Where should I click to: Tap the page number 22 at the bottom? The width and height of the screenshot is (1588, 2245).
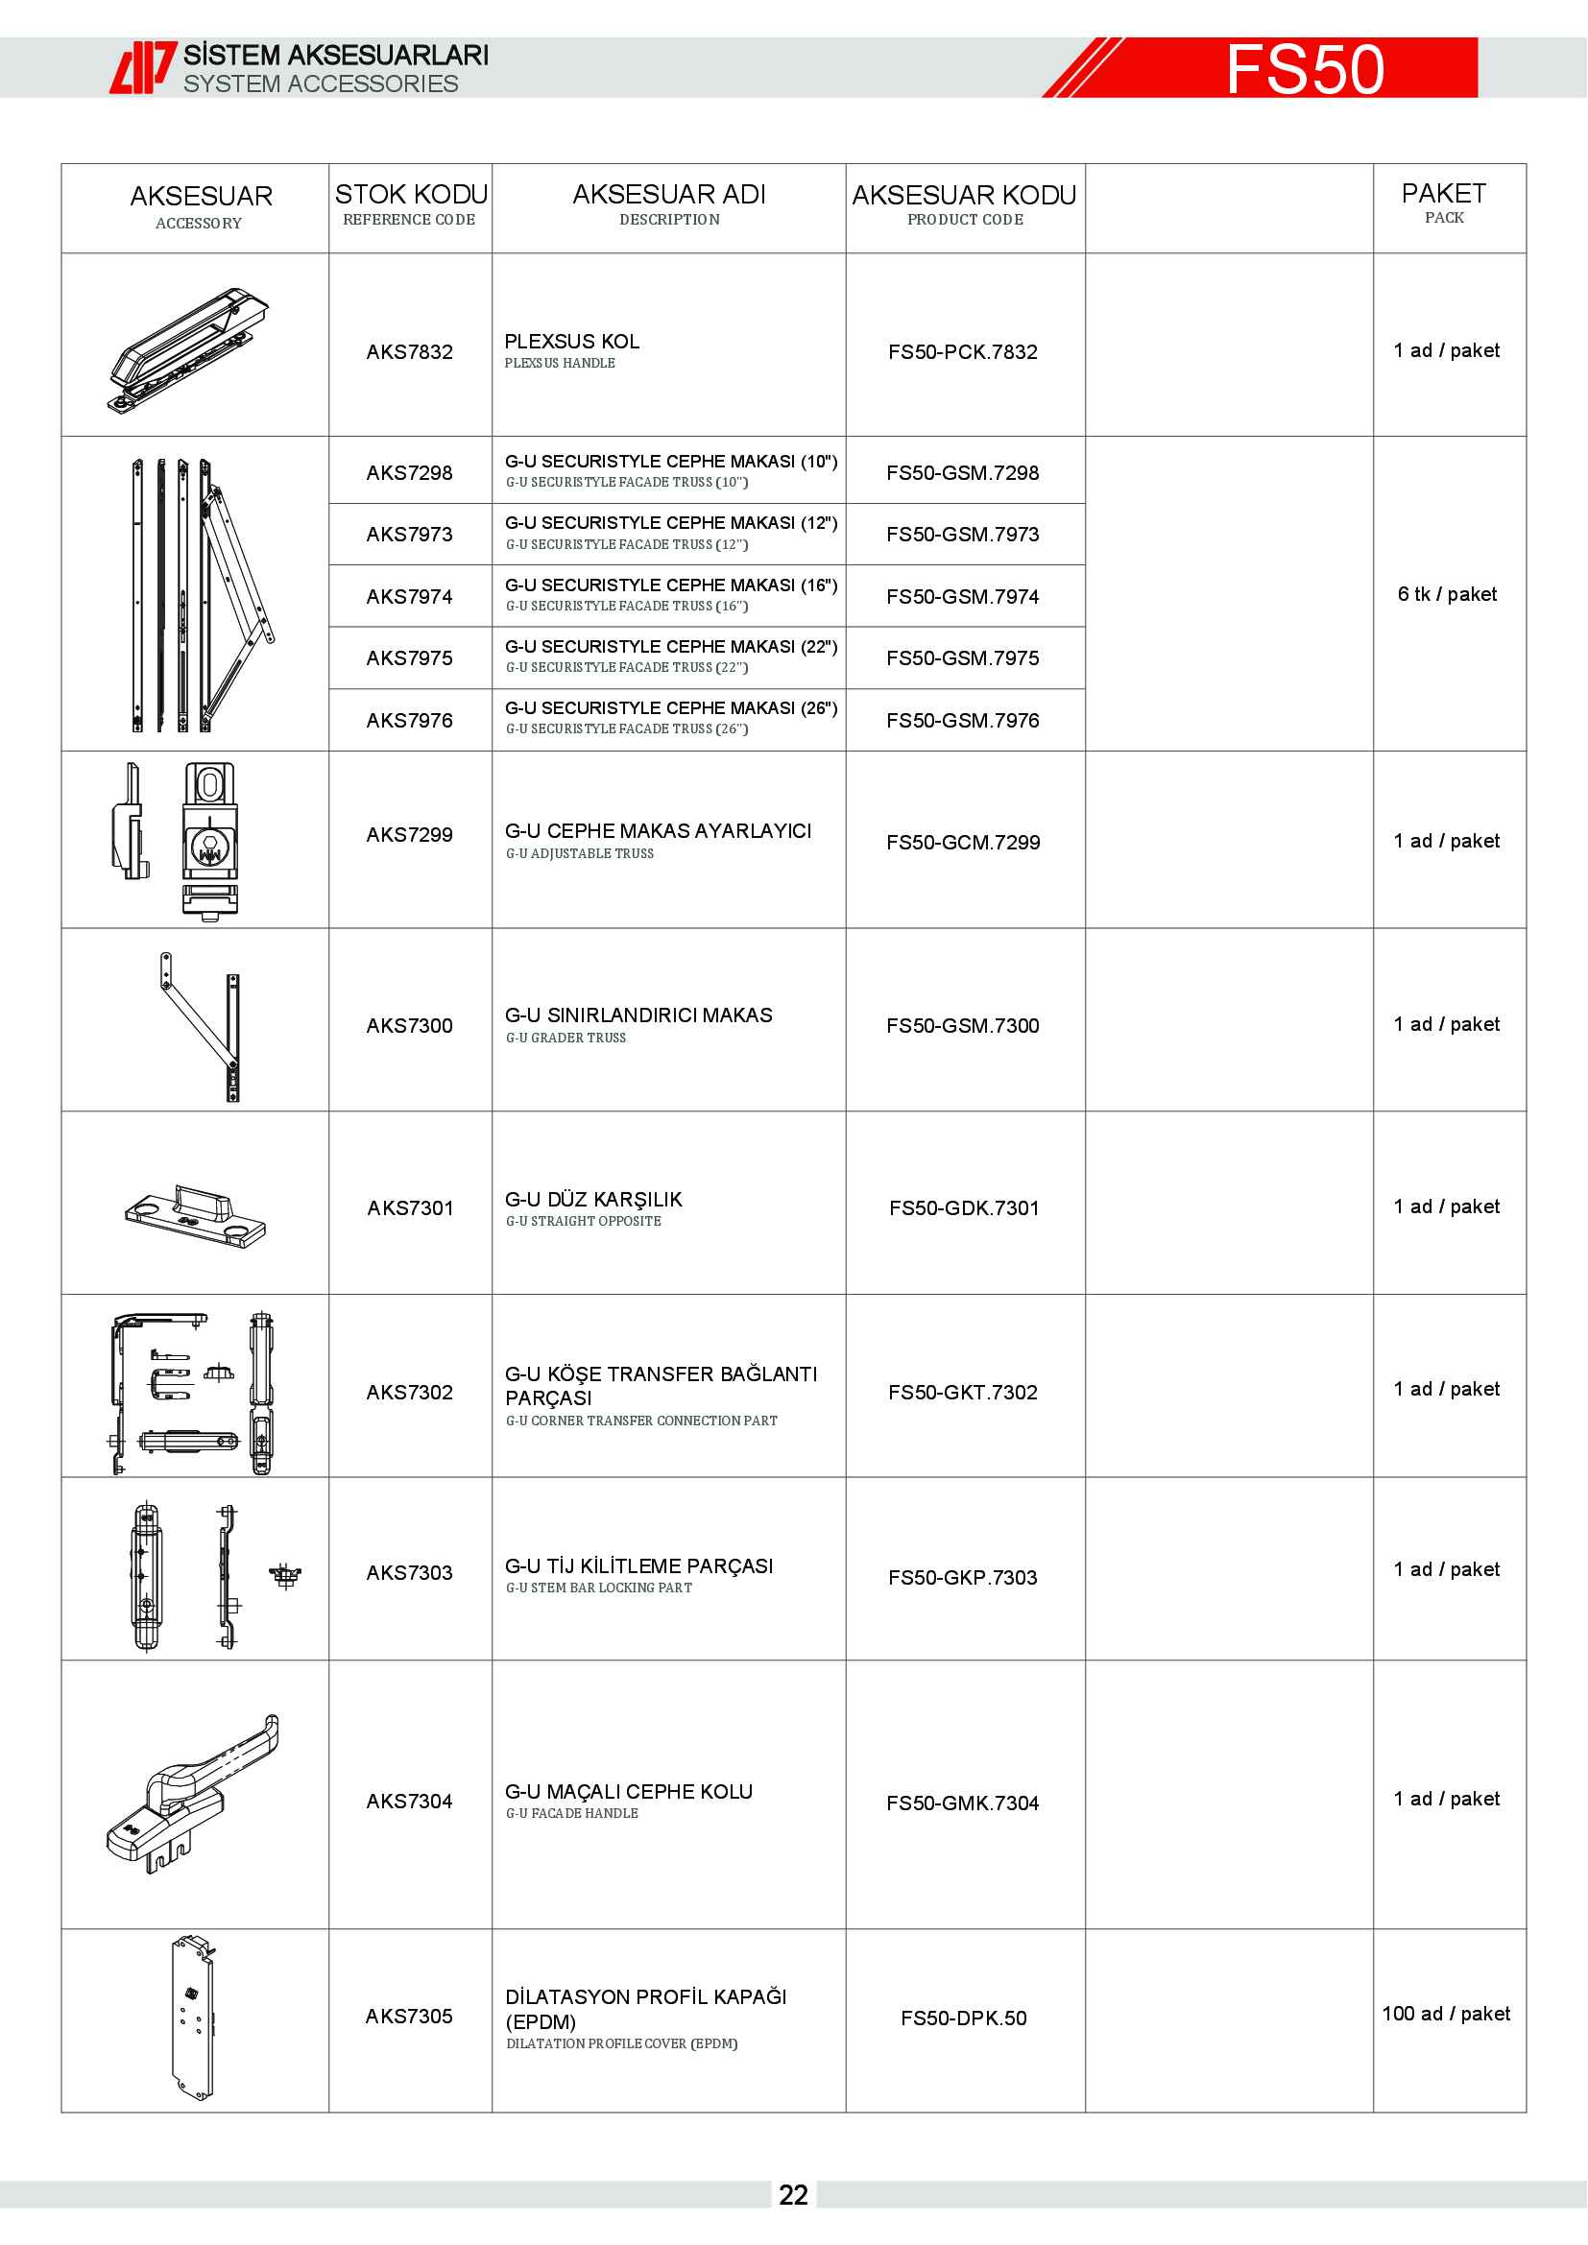click(793, 2195)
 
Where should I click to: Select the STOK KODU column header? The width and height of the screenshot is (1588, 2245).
click(411, 204)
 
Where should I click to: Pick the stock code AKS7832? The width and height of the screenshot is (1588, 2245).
click(410, 352)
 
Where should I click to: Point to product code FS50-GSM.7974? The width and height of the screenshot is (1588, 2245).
click(962, 596)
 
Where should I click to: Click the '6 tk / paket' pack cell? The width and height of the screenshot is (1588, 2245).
click(1446, 594)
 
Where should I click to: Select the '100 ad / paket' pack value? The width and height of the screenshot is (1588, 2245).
click(1445, 2014)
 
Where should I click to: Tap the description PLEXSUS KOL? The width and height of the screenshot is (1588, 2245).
click(572, 342)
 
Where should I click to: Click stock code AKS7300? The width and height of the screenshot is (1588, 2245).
click(410, 1026)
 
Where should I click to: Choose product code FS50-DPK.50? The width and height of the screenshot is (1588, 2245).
click(963, 2018)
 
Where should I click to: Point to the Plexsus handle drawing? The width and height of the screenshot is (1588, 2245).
click(189, 348)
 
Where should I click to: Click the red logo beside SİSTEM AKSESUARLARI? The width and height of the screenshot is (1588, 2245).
click(143, 67)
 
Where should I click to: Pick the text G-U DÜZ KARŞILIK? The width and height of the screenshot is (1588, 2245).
click(593, 1200)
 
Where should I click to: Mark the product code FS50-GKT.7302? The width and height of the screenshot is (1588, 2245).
click(962, 1393)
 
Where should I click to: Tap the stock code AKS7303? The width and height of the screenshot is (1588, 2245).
click(410, 1572)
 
